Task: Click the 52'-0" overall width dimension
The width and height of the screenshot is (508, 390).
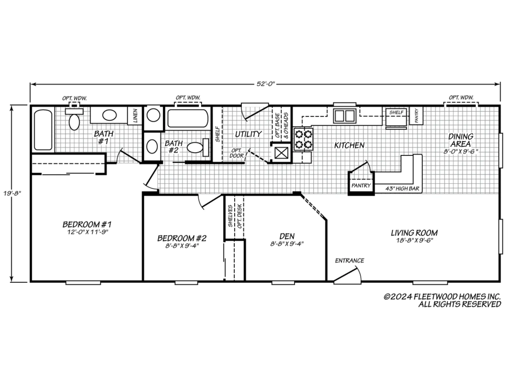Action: coord(265,84)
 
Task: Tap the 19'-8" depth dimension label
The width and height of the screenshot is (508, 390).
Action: coord(12,193)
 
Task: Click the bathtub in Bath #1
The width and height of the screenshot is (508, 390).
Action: coord(43,130)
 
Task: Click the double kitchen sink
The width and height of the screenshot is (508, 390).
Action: coord(344,116)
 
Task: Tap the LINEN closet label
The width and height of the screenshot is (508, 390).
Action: coord(135,116)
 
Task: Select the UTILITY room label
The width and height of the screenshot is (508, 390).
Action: coord(248,134)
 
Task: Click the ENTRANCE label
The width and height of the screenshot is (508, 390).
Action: coord(350,261)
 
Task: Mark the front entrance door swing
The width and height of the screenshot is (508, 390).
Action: coord(347,276)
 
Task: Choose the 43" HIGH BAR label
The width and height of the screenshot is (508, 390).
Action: coord(402,188)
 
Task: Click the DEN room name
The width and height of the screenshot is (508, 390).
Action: coord(287,236)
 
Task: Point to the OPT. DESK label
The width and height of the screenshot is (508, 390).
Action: coord(239,216)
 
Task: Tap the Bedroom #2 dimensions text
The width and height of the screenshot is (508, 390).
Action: coord(182,246)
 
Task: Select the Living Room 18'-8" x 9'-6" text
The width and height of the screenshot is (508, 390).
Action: coord(414,241)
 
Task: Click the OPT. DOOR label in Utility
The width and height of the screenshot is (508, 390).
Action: coord(237,153)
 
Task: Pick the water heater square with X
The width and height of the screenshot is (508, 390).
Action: coord(281,153)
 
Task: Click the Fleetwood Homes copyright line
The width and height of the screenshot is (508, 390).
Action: coord(442,297)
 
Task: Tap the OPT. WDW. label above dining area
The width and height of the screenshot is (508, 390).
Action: coord(461,97)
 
